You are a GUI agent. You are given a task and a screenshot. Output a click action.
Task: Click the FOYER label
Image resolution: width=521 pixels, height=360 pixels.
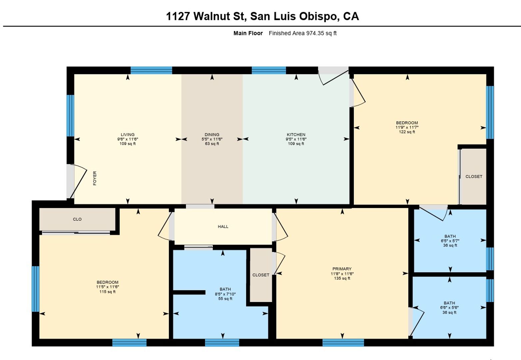95,178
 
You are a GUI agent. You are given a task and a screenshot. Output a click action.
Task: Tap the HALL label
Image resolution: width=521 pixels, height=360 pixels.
223,226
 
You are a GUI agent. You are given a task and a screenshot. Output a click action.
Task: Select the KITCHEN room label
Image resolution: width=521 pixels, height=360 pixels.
296,135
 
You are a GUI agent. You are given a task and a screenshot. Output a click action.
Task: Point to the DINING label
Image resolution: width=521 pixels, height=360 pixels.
212,135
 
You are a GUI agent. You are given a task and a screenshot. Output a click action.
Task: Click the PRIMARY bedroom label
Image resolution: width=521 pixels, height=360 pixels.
342,269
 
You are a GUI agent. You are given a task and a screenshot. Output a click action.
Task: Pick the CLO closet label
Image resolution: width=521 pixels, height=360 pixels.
77,219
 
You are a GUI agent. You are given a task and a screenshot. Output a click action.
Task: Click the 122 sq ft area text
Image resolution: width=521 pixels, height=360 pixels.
407,132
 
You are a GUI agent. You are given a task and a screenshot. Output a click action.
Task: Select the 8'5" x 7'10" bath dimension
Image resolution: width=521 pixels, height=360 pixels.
225,294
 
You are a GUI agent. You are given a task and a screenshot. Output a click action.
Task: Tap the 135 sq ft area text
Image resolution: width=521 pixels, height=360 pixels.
342,278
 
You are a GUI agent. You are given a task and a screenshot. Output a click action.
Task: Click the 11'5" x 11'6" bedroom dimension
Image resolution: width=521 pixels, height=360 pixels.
108,287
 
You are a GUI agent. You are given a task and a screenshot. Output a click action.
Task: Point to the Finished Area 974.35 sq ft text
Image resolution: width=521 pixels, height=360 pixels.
302,33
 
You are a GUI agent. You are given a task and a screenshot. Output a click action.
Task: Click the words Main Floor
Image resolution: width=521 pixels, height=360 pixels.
248,33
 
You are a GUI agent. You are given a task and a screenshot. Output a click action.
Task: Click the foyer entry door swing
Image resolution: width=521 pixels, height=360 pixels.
79,181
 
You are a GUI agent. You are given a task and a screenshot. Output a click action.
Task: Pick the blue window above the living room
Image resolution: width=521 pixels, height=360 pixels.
151,70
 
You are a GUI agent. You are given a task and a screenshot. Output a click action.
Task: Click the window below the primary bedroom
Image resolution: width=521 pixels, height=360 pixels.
343,343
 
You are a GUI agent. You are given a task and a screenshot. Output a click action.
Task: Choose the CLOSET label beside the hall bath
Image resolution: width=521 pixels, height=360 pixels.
261,275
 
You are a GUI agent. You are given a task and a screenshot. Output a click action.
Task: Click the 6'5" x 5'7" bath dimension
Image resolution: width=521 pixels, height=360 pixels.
450,241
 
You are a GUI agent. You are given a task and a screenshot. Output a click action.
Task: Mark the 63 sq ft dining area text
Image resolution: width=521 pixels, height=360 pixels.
212,144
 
